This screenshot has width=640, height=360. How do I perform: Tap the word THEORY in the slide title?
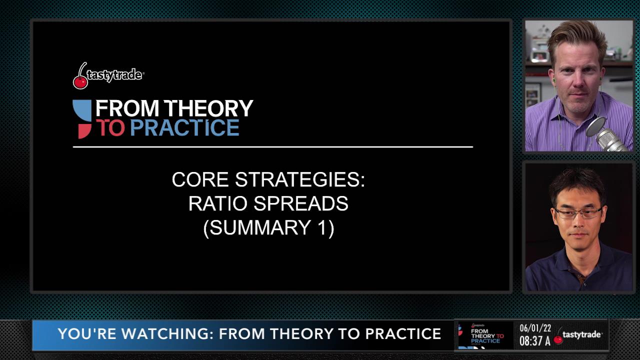click(x=208, y=108)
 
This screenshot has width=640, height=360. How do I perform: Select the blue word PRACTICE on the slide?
click(x=185, y=127)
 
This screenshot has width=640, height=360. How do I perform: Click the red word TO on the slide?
click(x=110, y=127)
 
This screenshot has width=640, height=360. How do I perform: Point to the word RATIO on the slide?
click(x=218, y=203)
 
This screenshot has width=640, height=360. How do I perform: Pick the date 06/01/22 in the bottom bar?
click(x=535, y=328)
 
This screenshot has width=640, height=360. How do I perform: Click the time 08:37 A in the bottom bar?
click(x=535, y=341)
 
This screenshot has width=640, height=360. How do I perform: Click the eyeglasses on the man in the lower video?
click(x=578, y=213)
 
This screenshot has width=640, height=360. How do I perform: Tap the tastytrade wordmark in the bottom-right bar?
click(x=581, y=334)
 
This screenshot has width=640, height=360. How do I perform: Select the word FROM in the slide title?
click(x=127, y=108)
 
